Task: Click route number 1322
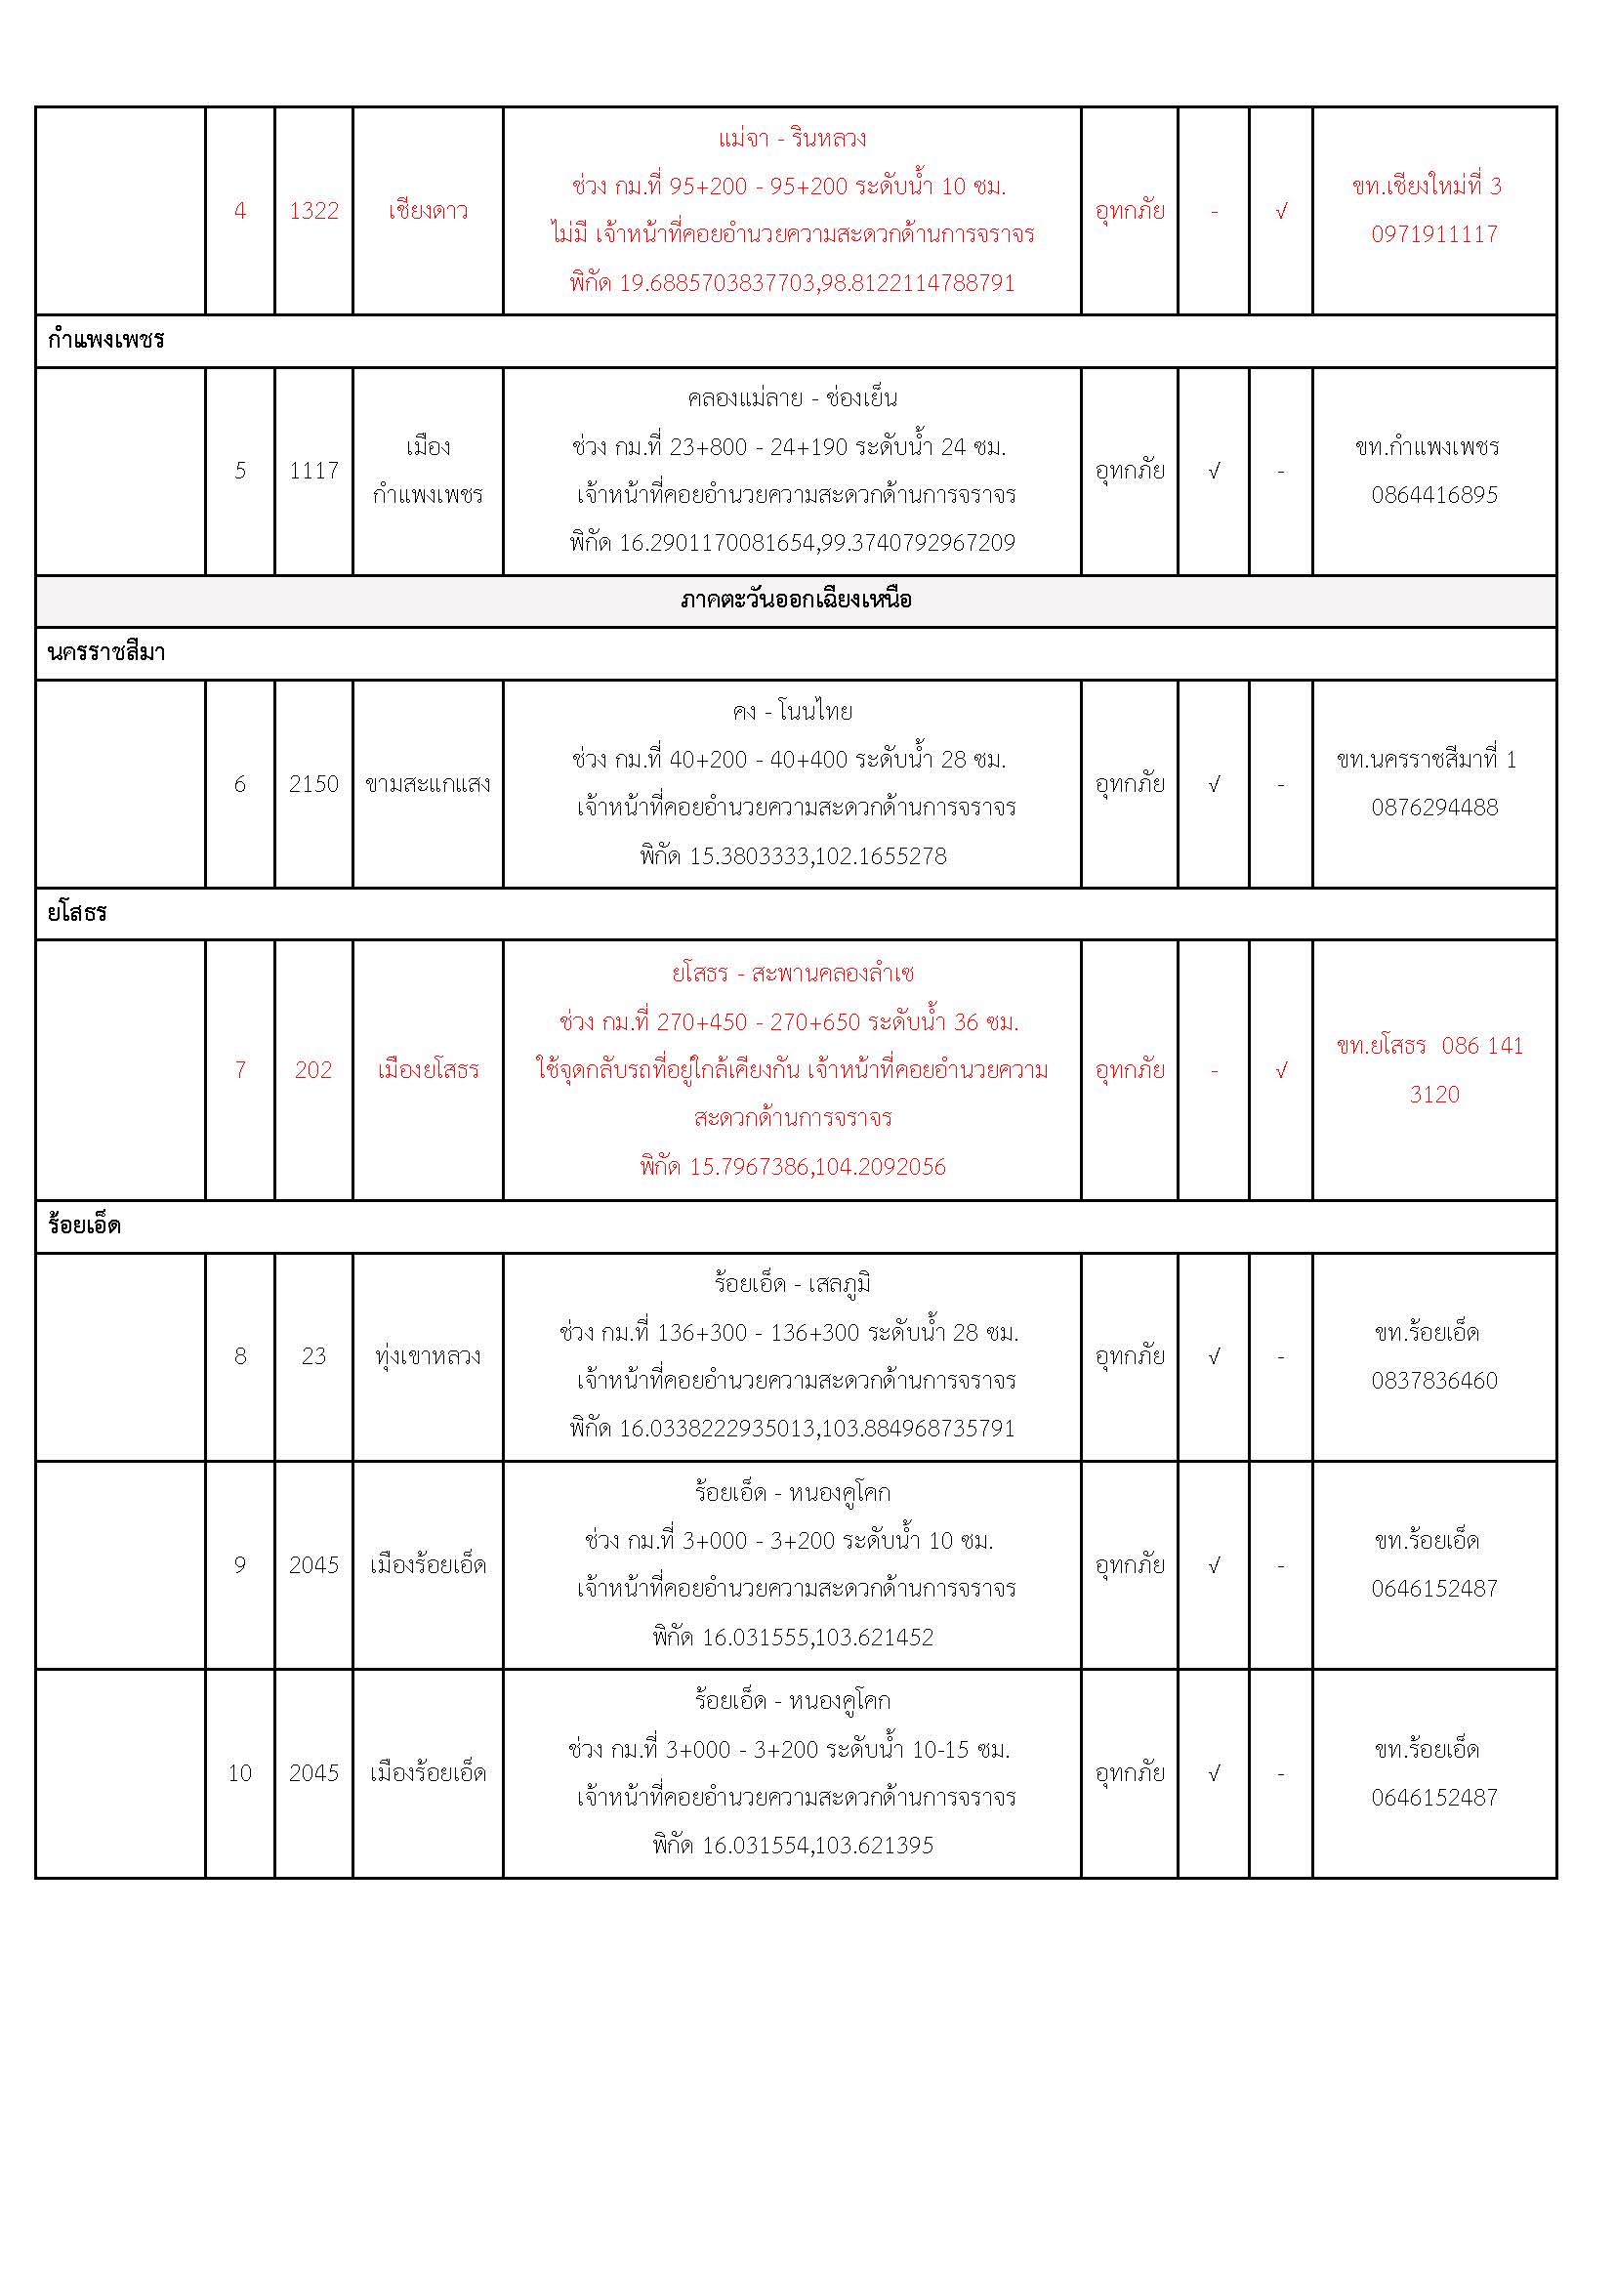pyautogui.click(x=313, y=211)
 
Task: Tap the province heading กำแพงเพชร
pyautogui.click(x=105, y=340)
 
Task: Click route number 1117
pyautogui.click(x=313, y=471)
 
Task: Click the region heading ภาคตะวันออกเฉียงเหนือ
pyautogui.click(x=796, y=600)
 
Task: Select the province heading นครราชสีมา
pyautogui.click(x=106, y=652)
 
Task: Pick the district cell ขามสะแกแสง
pyautogui.click(x=428, y=784)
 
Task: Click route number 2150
pyautogui.click(x=313, y=784)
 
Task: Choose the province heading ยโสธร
pyautogui.click(x=77, y=913)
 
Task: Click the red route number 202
pyautogui.click(x=313, y=1069)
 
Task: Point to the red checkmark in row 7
pyautogui.click(x=1281, y=1070)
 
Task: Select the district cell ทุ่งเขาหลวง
pyautogui.click(x=428, y=1356)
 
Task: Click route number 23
pyautogui.click(x=313, y=1356)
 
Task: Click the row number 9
pyautogui.click(x=239, y=1564)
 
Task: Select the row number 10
pyautogui.click(x=239, y=1772)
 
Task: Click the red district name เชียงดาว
pyautogui.click(x=428, y=211)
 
